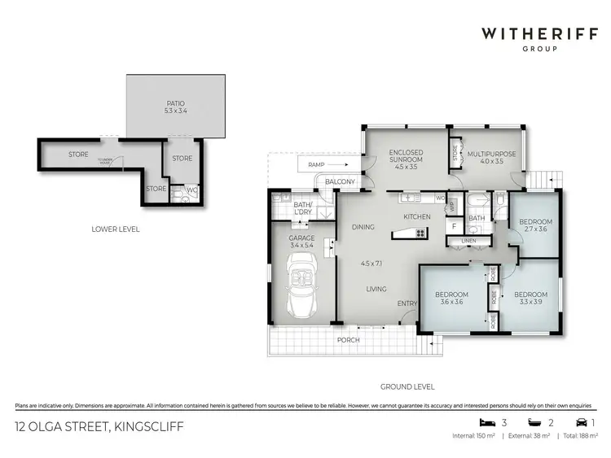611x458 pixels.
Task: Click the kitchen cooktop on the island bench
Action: (420, 233)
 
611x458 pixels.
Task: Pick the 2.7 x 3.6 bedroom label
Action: (536, 225)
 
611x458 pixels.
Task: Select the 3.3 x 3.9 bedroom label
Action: (530, 298)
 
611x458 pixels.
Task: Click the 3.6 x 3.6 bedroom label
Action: (451, 298)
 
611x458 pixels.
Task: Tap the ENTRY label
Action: (406, 303)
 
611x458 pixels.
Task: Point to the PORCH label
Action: (348, 340)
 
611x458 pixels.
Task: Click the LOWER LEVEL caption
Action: (115, 229)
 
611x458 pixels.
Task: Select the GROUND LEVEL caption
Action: (407, 387)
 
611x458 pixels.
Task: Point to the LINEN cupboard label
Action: (468, 242)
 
